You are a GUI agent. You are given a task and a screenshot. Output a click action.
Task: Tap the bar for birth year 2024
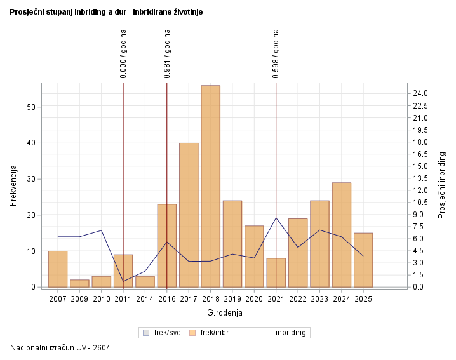342,235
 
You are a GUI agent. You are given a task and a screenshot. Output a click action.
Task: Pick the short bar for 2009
79,283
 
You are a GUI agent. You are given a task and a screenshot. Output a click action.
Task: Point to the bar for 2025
363,260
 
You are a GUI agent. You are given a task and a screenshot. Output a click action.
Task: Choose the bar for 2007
58,269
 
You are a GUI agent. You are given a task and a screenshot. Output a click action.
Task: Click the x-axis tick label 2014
145,298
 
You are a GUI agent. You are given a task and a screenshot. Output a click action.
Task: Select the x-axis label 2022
298,298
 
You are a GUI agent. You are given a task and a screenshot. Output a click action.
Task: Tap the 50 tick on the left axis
31,107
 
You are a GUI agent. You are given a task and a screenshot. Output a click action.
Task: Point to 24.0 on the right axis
421,93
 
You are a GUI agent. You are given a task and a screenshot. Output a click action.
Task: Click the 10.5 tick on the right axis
421,203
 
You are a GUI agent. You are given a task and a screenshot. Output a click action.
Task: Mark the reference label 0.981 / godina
167,54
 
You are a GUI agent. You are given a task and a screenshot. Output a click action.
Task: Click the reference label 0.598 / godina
276,54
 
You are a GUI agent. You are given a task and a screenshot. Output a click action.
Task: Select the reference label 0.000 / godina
123,54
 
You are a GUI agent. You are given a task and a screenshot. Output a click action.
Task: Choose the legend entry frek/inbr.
211,332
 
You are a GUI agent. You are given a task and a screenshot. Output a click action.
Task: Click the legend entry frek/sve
163,332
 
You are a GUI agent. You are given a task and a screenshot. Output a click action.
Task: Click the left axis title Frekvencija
13,185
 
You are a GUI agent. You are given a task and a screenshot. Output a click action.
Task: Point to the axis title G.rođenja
225,313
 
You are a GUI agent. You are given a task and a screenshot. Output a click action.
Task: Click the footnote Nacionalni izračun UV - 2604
60,347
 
